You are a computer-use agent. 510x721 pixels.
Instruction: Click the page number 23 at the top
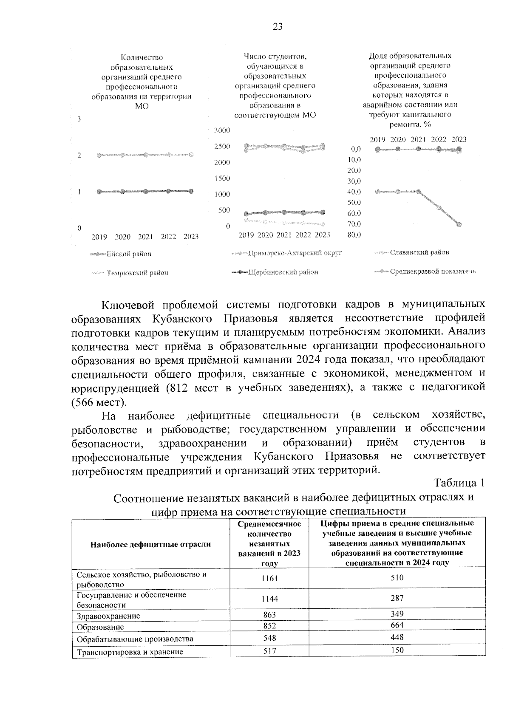(x=277, y=27)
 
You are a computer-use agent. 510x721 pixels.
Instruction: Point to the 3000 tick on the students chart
(x=222, y=130)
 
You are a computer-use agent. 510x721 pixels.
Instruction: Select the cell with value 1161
(x=269, y=579)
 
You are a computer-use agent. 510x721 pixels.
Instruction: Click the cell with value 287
(x=397, y=598)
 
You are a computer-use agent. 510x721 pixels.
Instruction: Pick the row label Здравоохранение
(x=108, y=616)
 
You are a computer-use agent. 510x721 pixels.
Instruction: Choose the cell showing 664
(x=397, y=625)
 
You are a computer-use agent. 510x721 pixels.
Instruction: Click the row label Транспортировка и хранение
(x=130, y=652)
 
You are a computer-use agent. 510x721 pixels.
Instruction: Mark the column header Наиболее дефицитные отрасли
(x=150, y=544)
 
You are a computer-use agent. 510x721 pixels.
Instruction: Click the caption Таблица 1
(x=459, y=483)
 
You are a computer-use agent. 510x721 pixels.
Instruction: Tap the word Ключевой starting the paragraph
(x=125, y=305)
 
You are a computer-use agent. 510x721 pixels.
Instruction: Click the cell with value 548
(x=269, y=638)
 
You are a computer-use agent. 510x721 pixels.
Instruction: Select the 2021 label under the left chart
(x=146, y=237)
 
